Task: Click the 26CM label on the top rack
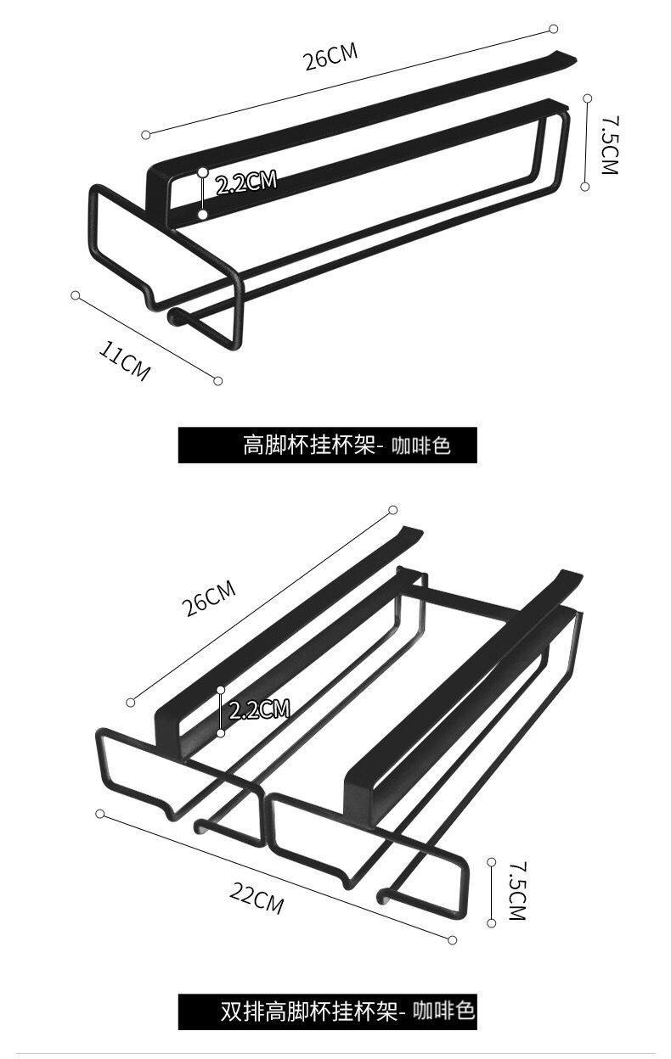coord(331,59)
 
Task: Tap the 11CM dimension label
coord(125,361)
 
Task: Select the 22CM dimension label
coord(256,897)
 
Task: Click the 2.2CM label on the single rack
coord(246,182)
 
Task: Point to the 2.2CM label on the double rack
coord(260,709)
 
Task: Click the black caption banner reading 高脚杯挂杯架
coord(327,445)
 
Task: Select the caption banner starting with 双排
coord(327,1011)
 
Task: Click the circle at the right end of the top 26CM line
coord(553,29)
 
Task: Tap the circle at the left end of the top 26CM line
coord(146,134)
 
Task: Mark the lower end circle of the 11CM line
coord(218,381)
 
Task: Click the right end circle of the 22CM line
coord(453,939)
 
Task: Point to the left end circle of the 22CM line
coord(100,814)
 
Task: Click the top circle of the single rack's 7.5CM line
coord(585,98)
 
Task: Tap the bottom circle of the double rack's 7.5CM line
coord(492,922)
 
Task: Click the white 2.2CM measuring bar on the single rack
coord(203,193)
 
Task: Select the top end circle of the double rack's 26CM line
coord(393,510)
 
